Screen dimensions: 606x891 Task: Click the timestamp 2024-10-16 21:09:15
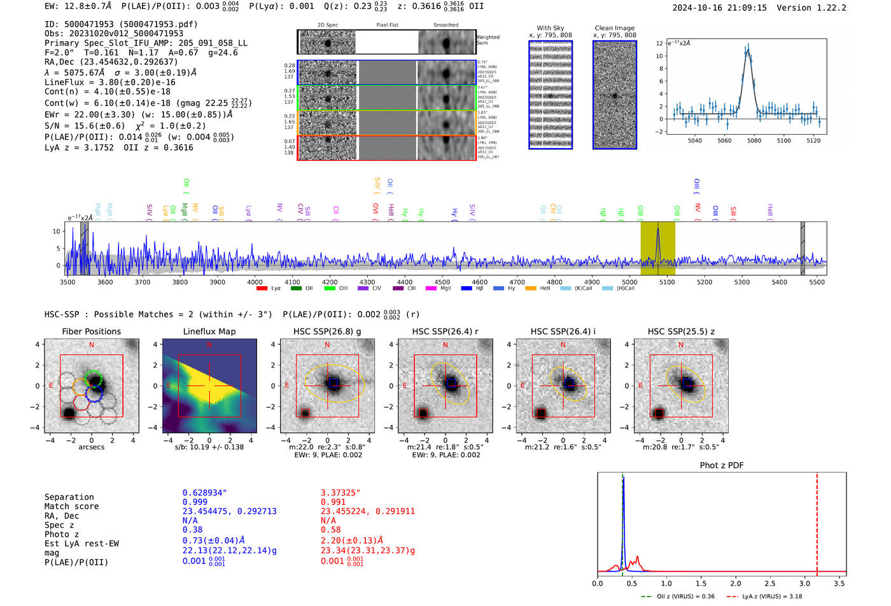[x=719, y=8]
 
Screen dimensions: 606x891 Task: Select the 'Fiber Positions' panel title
[x=91, y=331]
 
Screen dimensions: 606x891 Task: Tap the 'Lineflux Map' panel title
[x=209, y=331]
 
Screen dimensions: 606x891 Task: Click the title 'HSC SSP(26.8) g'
[x=327, y=331]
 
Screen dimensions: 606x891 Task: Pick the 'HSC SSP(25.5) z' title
[x=681, y=331]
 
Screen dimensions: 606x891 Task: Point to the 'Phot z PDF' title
[x=722, y=465]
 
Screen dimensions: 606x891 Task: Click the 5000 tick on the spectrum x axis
[x=629, y=282]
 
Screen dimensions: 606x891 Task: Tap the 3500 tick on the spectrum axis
[x=67, y=282]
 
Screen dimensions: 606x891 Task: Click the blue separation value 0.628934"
[x=204, y=493]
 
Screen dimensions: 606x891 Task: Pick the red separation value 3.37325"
[x=340, y=493]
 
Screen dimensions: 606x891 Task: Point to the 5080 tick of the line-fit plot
[x=754, y=141]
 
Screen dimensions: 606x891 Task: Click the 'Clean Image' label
[x=614, y=28]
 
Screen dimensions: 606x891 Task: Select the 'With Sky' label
[x=550, y=28]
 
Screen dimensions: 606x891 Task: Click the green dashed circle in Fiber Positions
[x=94, y=378]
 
